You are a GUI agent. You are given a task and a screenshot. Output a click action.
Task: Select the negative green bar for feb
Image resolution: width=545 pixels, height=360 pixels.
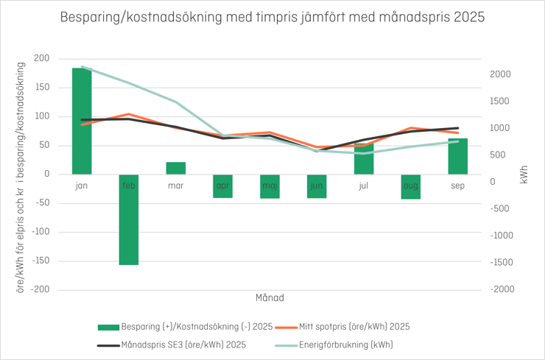tap(129, 219)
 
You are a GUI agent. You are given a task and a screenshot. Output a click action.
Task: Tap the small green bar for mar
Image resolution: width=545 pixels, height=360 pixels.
tap(176, 168)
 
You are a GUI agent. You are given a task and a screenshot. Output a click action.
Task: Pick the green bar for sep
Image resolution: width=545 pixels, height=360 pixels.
tap(458, 156)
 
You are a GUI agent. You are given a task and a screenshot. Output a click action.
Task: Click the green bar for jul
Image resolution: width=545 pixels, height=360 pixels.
tap(364, 159)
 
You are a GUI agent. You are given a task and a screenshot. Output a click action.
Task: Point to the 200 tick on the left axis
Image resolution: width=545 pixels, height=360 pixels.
tap(41, 58)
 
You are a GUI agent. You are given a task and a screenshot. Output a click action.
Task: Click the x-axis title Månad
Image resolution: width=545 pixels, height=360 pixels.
tap(270, 298)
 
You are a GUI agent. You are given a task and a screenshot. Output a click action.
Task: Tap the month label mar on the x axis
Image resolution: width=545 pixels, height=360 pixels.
tap(176, 186)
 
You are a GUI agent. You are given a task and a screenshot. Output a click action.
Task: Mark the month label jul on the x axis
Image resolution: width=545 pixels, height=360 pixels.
tap(364, 186)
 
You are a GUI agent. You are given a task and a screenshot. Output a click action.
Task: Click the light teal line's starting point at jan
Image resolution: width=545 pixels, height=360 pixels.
tap(82, 67)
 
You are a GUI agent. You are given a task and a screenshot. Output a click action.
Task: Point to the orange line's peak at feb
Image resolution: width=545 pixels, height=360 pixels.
tap(129, 114)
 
